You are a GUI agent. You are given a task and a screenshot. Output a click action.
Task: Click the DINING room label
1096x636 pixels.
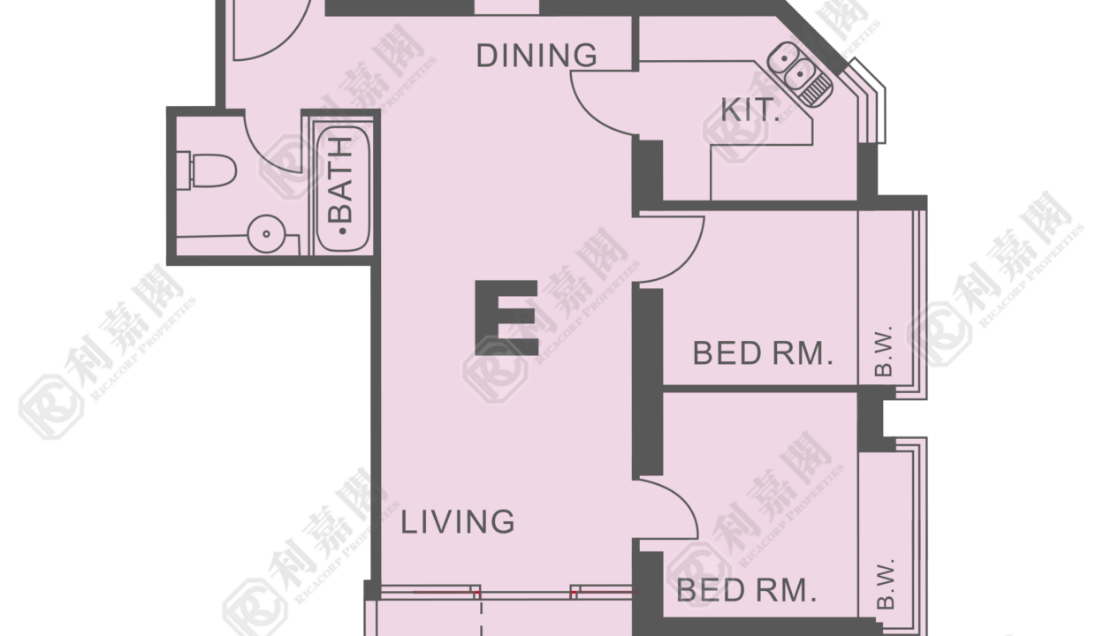[537, 56]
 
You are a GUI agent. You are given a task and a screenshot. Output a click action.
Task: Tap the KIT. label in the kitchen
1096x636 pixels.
[750, 110]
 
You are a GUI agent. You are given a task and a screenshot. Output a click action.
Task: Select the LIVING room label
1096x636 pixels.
[458, 521]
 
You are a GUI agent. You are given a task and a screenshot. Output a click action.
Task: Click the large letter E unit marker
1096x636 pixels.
[506, 318]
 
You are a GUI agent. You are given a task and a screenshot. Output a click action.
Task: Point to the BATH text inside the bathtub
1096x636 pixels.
[341, 186]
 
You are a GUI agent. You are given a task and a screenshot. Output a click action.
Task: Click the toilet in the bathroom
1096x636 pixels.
[208, 170]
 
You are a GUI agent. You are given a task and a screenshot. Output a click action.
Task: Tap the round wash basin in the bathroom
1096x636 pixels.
[266, 234]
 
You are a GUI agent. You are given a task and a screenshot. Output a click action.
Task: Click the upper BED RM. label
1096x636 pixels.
[763, 353]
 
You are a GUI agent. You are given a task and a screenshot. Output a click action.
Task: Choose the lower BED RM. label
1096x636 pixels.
[747, 591]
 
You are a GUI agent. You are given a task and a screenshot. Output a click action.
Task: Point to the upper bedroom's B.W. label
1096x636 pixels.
[884, 351]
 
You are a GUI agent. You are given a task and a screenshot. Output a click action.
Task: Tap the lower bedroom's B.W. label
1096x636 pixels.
[885, 584]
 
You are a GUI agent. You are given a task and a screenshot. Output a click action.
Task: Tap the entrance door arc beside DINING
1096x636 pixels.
[289, 42]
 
